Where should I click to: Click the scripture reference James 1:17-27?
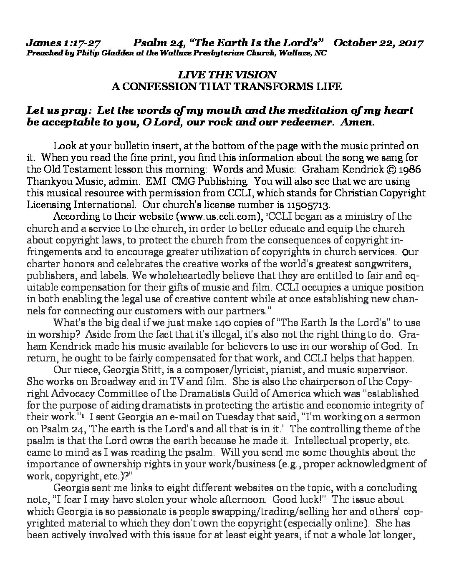click(64, 43)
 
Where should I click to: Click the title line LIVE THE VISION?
click(227, 75)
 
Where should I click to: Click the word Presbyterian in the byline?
click(202, 53)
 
